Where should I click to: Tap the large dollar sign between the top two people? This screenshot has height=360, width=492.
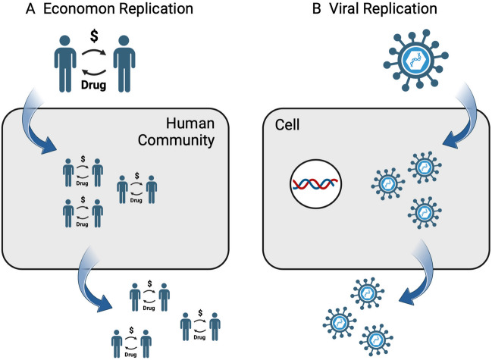(92, 36)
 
